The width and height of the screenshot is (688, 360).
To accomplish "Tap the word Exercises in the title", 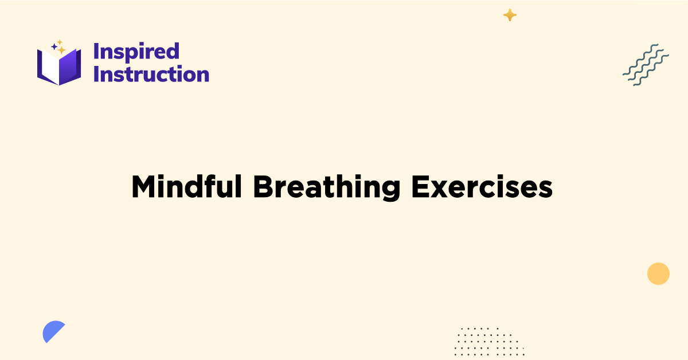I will (x=482, y=187).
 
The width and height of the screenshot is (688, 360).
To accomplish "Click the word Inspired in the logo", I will (x=136, y=52).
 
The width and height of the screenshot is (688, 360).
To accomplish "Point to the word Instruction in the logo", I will (x=151, y=74).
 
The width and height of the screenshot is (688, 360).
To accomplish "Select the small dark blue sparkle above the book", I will (x=54, y=46).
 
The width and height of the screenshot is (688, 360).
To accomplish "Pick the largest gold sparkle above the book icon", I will (x=61, y=50).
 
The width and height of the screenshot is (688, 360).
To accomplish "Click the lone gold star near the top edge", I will (x=510, y=15).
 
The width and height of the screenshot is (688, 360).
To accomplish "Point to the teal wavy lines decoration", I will (x=646, y=64).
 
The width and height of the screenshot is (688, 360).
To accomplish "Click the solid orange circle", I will (x=658, y=273).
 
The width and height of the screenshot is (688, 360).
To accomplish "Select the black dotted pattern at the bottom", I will (x=488, y=341).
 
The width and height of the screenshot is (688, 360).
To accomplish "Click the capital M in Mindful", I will (x=143, y=187).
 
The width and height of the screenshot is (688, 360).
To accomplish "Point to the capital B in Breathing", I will (x=263, y=187).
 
